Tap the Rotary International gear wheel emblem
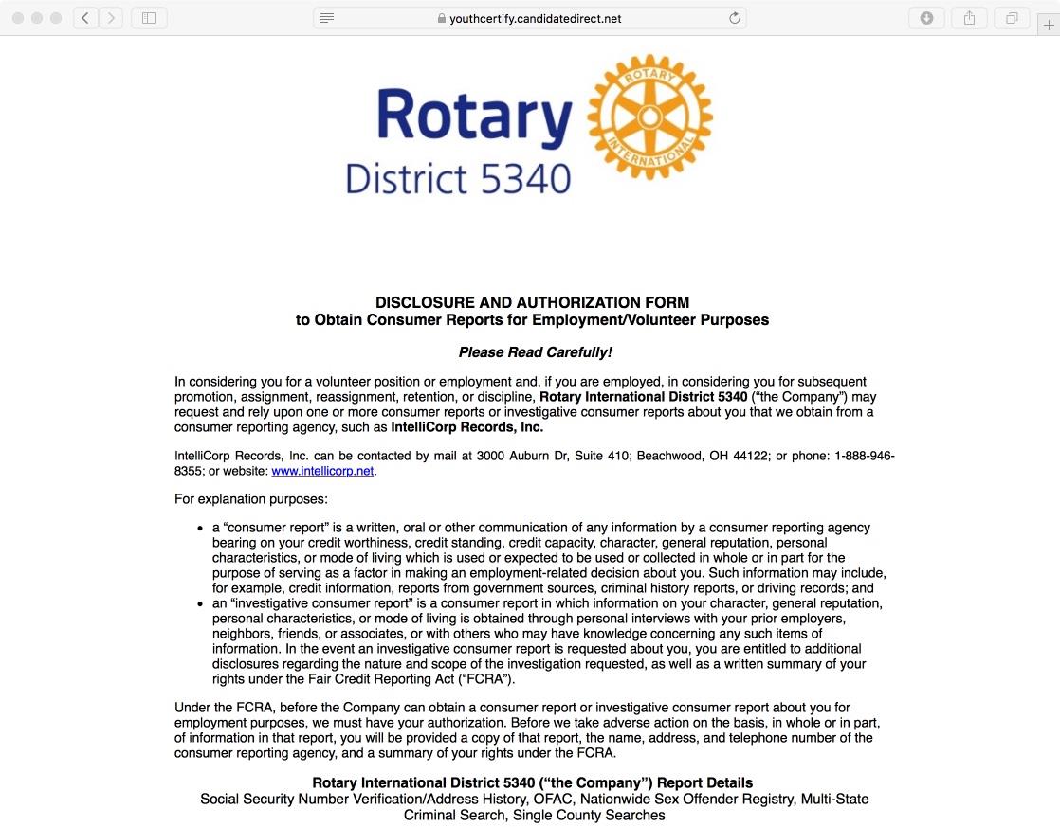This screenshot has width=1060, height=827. click(649, 117)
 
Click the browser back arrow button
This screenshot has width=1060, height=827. click(86, 18)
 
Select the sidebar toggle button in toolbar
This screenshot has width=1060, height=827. click(149, 18)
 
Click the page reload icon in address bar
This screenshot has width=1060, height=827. click(734, 18)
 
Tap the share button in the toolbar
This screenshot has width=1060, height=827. click(969, 18)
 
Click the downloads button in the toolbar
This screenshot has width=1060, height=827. click(926, 18)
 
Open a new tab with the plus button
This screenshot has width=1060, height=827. click(1049, 26)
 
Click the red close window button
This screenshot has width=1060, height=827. click(18, 18)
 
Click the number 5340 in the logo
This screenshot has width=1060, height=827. click(527, 178)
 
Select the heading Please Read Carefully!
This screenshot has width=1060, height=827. click(535, 352)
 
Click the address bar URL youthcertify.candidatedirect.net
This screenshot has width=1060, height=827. click(536, 18)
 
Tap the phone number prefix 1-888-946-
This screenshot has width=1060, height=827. click(865, 456)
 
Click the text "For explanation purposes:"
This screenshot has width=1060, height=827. click(250, 499)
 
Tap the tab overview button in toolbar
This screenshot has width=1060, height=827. click(1012, 18)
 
